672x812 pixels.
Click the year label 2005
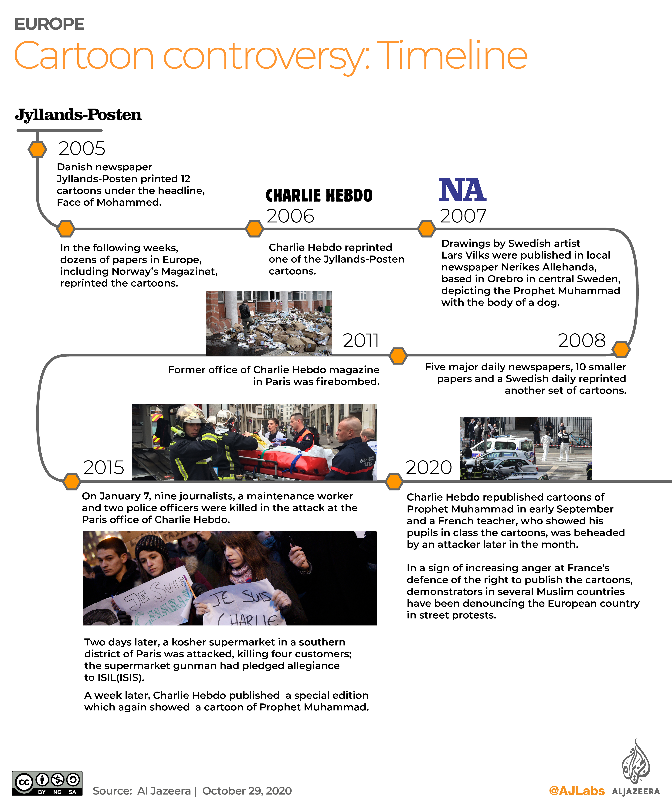pos(82,148)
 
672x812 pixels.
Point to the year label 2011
pos(361,341)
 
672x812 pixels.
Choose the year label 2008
pos(581,341)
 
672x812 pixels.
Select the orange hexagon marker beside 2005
pos(37,149)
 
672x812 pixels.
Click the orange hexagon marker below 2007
pos(427,229)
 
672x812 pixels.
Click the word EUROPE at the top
pos(50,24)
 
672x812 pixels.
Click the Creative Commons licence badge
pos(47,783)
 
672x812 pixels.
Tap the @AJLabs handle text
pos(577,791)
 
